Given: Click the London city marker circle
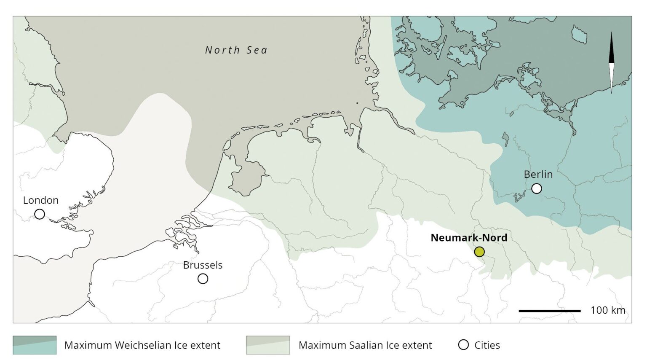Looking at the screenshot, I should pyautogui.click(x=40, y=214).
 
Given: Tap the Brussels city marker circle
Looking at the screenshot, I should pyautogui.click(x=203, y=279).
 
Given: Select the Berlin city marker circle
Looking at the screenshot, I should pyautogui.click(x=536, y=188).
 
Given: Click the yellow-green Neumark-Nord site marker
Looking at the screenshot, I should pyautogui.click(x=479, y=252).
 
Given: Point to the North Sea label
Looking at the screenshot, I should pyautogui.click(x=236, y=50).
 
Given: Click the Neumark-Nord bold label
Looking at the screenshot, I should pyautogui.click(x=468, y=238).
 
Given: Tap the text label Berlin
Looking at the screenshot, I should pyautogui.click(x=538, y=174).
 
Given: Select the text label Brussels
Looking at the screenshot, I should pyautogui.click(x=203, y=265).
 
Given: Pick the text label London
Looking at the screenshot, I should pyautogui.click(x=40, y=200).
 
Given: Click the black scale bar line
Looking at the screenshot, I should pyautogui.click(x=549, y=311).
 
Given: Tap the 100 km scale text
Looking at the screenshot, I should pyautogui.click(x=607, y=310).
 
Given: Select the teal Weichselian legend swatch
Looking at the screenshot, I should pyautogui.click(x=35, y=345).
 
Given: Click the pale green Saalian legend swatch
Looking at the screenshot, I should pyautogui.click(x=268, y=345).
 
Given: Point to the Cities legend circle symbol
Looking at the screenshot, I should pyautogui.click(x=463, y=345).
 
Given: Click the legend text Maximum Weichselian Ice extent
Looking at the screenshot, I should pyautogui.click(x=142, y=345).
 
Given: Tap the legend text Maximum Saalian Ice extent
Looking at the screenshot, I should pyautogui.click(x=365, y=345).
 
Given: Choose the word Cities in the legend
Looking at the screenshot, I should pyautogui.click(x=487, y=345).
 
